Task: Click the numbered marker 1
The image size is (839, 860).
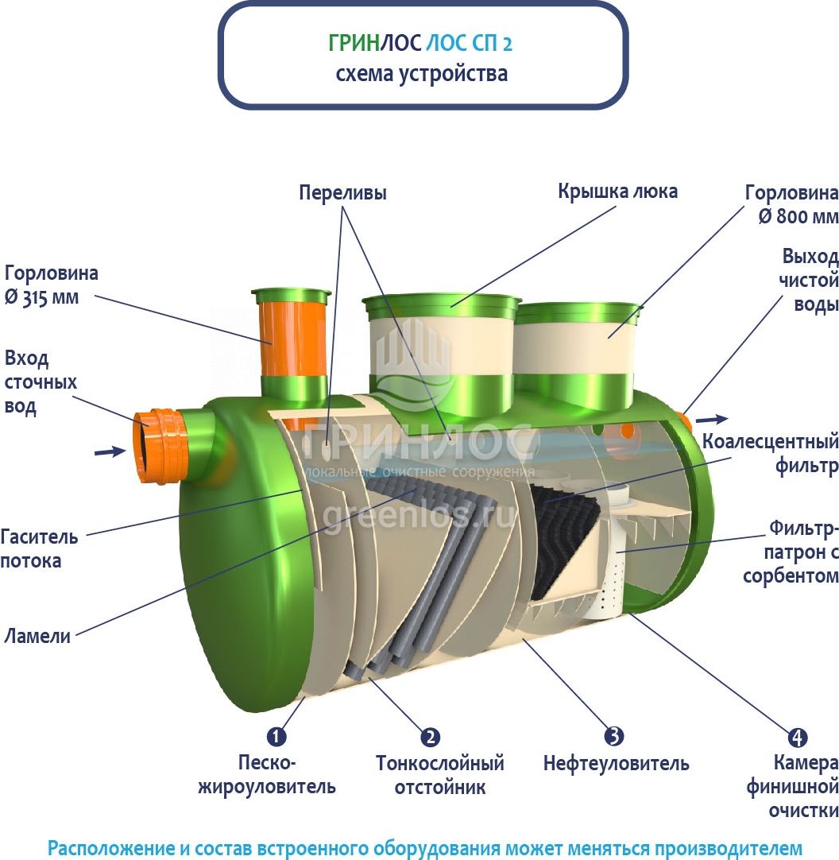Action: click(x=276, y=736)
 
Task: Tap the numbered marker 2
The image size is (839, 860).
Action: click(x=430, y=736)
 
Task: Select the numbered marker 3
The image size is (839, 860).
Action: click(x=614, y=736)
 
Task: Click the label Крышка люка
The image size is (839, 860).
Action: click(x=617, y=192)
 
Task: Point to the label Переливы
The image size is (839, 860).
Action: click(x=342, y=193)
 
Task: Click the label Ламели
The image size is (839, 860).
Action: click(x=37, y=636)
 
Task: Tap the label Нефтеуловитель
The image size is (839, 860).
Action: click(x=616, y=765)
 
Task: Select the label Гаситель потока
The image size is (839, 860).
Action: click(x=39, y=548)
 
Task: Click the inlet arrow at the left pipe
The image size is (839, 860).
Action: click(x=110, y=451)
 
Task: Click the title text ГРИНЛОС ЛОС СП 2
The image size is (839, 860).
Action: click(x=420, y=43)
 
